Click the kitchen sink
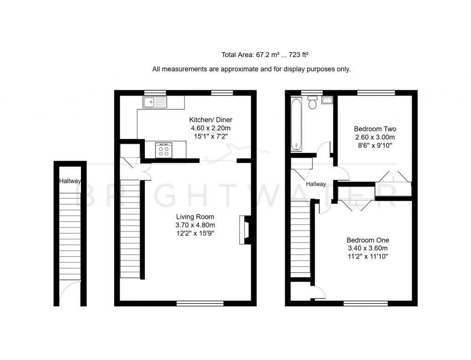(x=155, y=102)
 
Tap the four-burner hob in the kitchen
(x=164, y=151)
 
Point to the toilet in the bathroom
(x=312, y=102)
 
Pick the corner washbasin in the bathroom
(x=327, y=101)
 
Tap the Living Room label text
(x=195, y=216)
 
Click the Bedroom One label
(x=368, y=240)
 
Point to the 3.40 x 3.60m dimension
(x=368, y=248)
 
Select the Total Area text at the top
(x=264, y=55)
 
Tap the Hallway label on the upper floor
(x=316, y=184)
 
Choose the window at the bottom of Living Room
(x=200, y=303)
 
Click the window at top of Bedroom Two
(x=376, y=93)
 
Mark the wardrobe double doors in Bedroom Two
(x=391, y=177)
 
